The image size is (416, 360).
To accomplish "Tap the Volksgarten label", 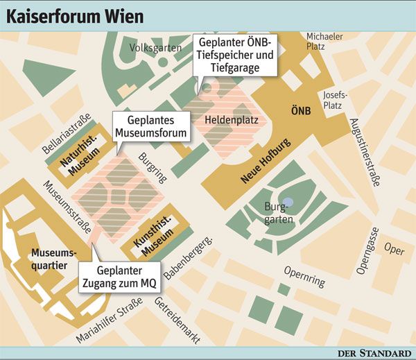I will [x=155, y=48].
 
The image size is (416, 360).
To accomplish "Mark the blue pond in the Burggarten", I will [x=288, y=202].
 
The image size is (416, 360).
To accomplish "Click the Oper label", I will [x=395, y=250].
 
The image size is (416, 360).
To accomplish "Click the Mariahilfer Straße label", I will [x=110, y=319].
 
